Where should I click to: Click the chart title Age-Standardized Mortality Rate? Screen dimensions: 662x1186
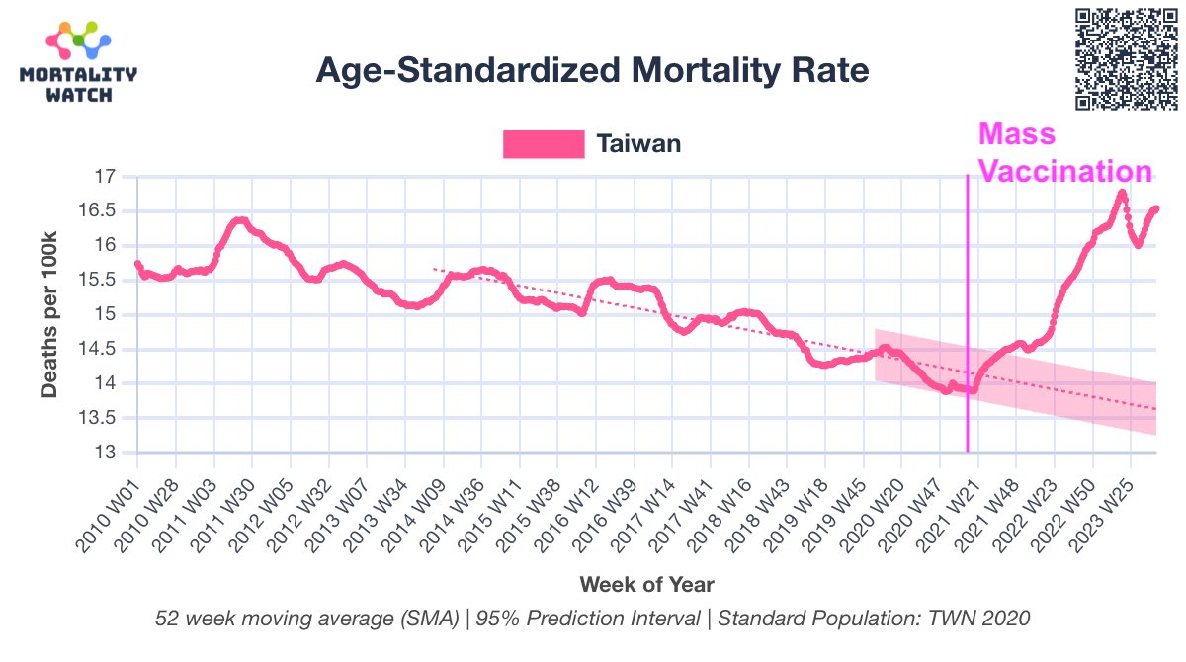592,71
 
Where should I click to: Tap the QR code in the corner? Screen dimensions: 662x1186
1126,57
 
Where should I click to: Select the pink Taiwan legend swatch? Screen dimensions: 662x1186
544,144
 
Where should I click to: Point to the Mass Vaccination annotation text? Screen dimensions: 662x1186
1063,153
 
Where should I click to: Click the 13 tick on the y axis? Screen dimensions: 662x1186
107,453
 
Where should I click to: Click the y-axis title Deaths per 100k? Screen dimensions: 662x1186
49,314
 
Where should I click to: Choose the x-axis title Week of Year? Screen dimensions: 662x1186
646,583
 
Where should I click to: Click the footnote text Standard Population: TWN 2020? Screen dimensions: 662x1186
874,619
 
